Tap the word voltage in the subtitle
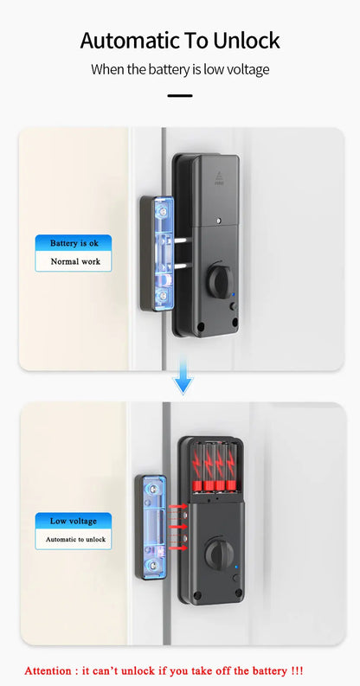pyautogui.click(x=248, y=68)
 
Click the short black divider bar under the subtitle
pyautogui.click(x=179, y=95)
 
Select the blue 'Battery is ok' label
pyautogui.click(x=74, y=243)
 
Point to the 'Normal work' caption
pyautogui.click(x=74, y=261)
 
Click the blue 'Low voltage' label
pyautogui.click(x=74, y=521)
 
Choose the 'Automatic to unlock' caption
pyautogui.click(x=75, y=539)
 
